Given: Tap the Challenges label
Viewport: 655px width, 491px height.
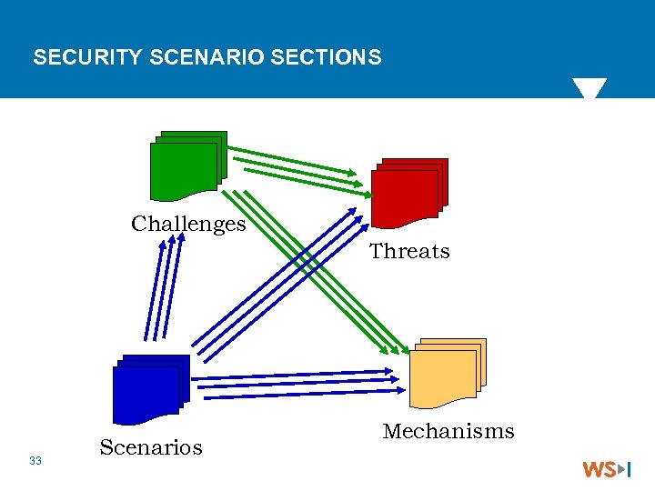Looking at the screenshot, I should coord(188,224).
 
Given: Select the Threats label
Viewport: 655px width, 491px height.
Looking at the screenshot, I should coord(409,251).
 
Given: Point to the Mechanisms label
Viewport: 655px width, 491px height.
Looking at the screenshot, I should coord(448,431).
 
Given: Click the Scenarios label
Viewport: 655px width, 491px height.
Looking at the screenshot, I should coord(151,447).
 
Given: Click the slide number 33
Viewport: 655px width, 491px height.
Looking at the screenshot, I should coord(35,461).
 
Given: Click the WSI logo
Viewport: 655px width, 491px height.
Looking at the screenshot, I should coord(607,469).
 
